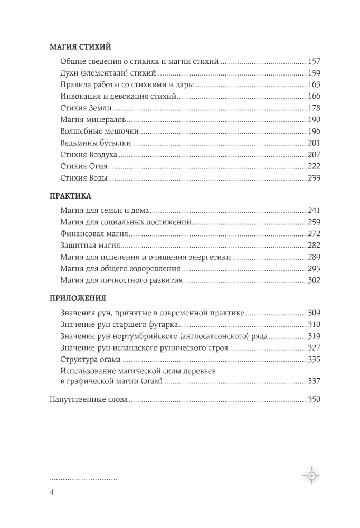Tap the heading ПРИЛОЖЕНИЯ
(x=78, y=297)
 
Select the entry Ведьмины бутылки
(x=92, y=143)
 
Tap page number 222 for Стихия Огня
(x=314, y=166)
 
